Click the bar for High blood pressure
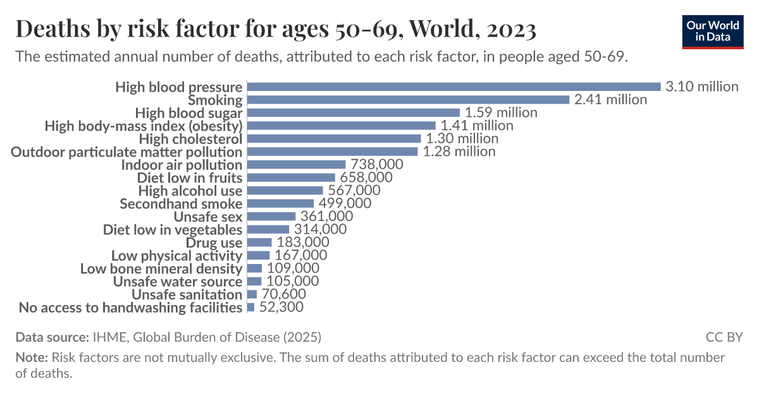454,87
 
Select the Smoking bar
409,100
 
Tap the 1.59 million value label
501,112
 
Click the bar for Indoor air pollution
296,165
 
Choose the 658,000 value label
366,177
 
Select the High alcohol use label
190,191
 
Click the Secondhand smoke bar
280,203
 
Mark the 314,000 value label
320,229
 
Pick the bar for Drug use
259,243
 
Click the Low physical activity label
176,256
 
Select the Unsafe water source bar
254,282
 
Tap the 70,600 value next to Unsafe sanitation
283,294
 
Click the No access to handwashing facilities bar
251,308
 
